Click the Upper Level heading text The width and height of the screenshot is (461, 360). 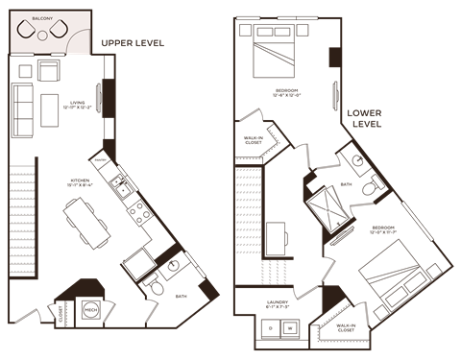[x=133, y=43]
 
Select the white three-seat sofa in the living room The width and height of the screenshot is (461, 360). [x=23, y=109]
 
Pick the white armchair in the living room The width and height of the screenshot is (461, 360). [x=48, y=72]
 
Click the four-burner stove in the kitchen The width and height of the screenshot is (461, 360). [x=140, y=211]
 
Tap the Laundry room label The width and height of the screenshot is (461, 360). [x=277, y=303]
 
